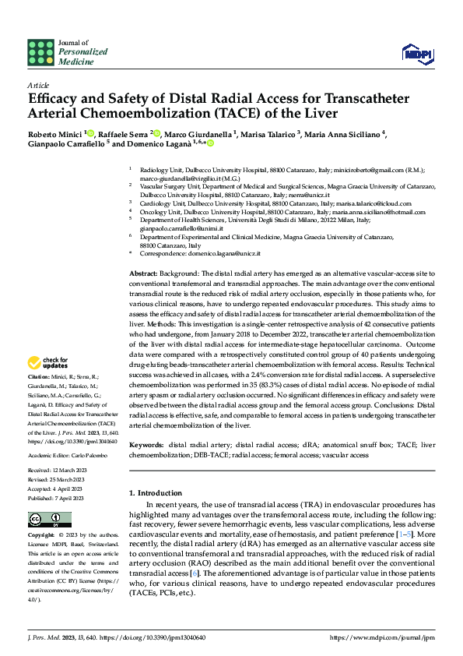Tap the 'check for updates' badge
pyautogui.click(x=48, y=362)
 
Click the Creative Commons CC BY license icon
pyautogui.click(x=45, y=520)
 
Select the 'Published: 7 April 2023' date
pyautogui.click(x=57, y=496)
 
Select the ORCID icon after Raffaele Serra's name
pyautogui.click(x=156, y=133)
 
